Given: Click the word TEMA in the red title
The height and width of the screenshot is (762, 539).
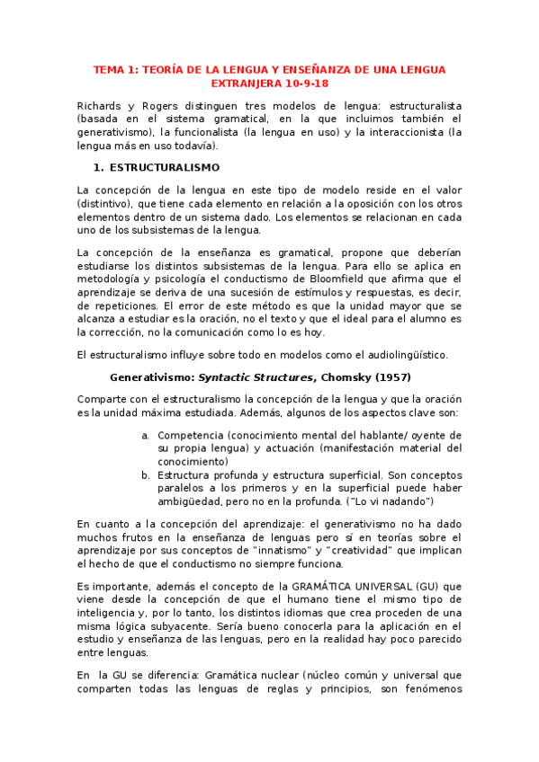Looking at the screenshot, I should click(110, 69).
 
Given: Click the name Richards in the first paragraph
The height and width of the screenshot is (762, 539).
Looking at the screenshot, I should click(100, 105).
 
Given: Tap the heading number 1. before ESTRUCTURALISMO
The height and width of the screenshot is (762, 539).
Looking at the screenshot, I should click(99, 167).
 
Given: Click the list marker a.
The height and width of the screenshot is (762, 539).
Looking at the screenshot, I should click(145, 435).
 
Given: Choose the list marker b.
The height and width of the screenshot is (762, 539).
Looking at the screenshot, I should click(145, 474).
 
